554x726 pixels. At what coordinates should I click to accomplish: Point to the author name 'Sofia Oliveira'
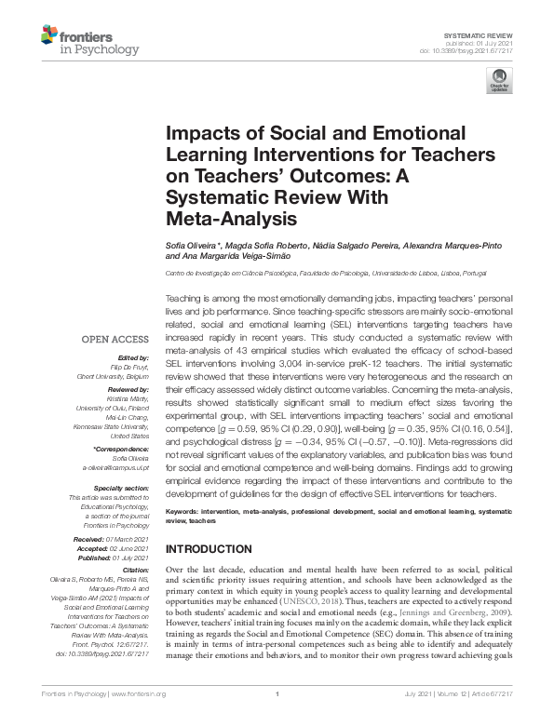(x=194, y=243)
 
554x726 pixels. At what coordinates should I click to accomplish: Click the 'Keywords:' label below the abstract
(x=184, y=512)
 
